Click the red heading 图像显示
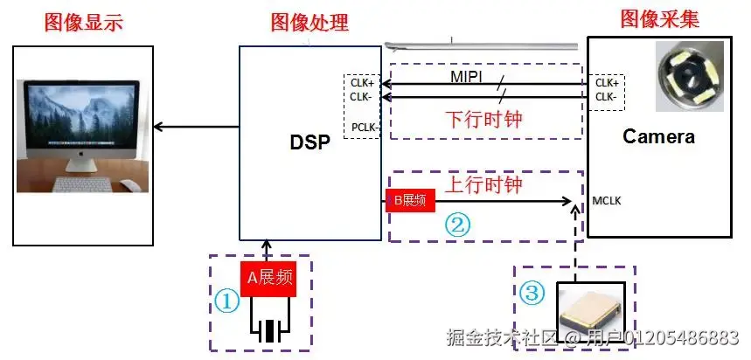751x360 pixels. point(84,23)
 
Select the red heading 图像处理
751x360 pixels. point(309,22)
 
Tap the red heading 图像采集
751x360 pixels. point(659,18)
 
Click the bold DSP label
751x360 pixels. point(309,142)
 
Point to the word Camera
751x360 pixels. point(658,137)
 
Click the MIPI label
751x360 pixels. point(467,77)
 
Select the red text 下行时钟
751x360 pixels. point(483,120)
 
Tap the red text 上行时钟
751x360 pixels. point(483,183)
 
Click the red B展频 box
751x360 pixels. point(410,200)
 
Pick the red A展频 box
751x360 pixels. point(269,279)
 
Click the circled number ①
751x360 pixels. point(226,302)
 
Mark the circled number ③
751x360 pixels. point(532,293)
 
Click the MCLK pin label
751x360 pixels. point(607,201)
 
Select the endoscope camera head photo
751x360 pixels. point(689,77)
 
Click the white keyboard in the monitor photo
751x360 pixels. point(82,184)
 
